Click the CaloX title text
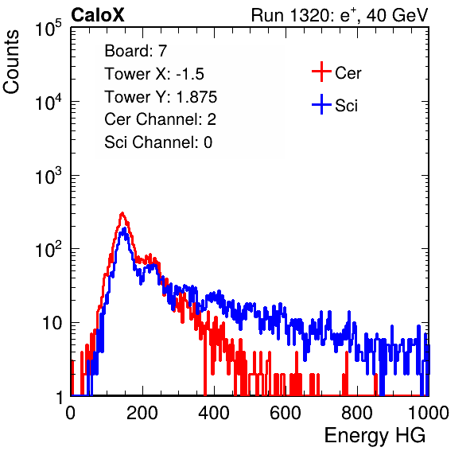tap(98, 15)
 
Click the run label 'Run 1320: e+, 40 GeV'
tap(340, 15)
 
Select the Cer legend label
tap(348, 73)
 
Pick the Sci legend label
tap(346, 106)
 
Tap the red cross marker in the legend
tap(321, 72)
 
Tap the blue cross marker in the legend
tap(321, 104)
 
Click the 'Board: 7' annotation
tap(135, 51)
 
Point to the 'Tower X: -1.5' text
tap(154, 74)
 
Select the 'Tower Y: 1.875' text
tap(161, 97)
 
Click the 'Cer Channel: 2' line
tap(160, 119)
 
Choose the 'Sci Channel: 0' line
tap(158, 142)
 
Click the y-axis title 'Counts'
tap(11, 62)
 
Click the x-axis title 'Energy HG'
tap(375, 436)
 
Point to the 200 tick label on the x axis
tap(142, 413)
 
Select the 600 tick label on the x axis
tap(286, 413)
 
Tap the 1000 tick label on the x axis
tap(429, 413)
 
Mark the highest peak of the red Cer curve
tap(122, 213)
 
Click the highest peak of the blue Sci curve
tap(124, 229)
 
